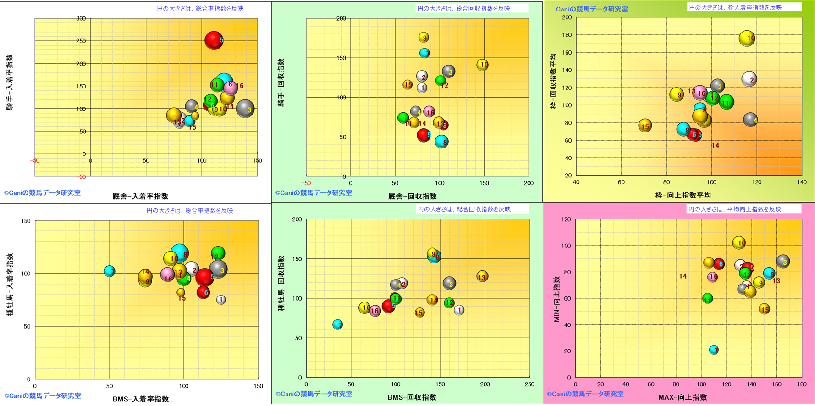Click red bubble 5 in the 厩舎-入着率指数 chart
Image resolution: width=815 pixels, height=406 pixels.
[x=214, y=40]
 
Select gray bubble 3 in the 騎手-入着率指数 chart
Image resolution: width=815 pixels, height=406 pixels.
[x=245, y=109]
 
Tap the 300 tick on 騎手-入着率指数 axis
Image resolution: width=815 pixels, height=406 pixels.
[x=81, y=19]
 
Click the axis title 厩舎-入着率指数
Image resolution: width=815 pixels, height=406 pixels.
[x=140, y=197]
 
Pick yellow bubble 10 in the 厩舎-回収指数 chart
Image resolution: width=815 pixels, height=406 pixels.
[x=482, y=65]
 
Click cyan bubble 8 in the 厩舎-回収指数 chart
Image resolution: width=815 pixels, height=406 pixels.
[x=441, y=142]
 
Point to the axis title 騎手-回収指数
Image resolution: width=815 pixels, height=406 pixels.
[x=281, y=82]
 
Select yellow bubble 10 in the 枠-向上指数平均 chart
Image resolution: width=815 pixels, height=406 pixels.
[x=747, y=38]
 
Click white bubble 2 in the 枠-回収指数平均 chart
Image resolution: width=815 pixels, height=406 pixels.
[x=749, y=79]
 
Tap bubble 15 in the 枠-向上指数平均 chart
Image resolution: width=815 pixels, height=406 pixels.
[x=645, y=126]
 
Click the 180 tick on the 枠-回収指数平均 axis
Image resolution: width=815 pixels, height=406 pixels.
[x=567, y=35]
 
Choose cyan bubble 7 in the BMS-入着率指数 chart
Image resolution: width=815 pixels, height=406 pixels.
[x=109, y=271]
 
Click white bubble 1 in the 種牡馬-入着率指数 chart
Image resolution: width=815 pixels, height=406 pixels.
[x=221, y=300]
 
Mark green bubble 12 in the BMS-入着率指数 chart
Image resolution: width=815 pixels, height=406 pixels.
[x=218, y=253]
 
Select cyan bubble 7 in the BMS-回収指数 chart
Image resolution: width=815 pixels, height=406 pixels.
[x=337, y=324]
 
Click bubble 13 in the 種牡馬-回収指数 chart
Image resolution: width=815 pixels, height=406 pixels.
[x=482, y=276]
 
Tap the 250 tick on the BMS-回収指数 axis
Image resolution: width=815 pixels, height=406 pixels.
[x=529, y=384]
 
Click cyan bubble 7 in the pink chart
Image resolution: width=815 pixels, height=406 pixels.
[x=714, y=350]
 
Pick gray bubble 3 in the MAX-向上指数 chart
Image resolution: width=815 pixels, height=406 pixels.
[x=783, y=262]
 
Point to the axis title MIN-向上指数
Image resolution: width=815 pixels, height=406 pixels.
[x=556, y=299]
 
